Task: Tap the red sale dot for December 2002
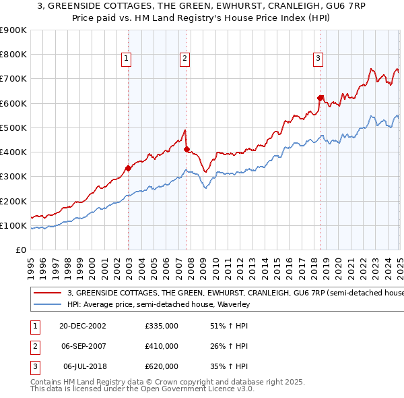pos(128,168)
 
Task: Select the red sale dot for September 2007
pos(187,149)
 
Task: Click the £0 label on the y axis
pos(20,250)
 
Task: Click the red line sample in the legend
pos(47,293)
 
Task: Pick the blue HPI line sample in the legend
pos(47,304)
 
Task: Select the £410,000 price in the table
pos(162,346)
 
